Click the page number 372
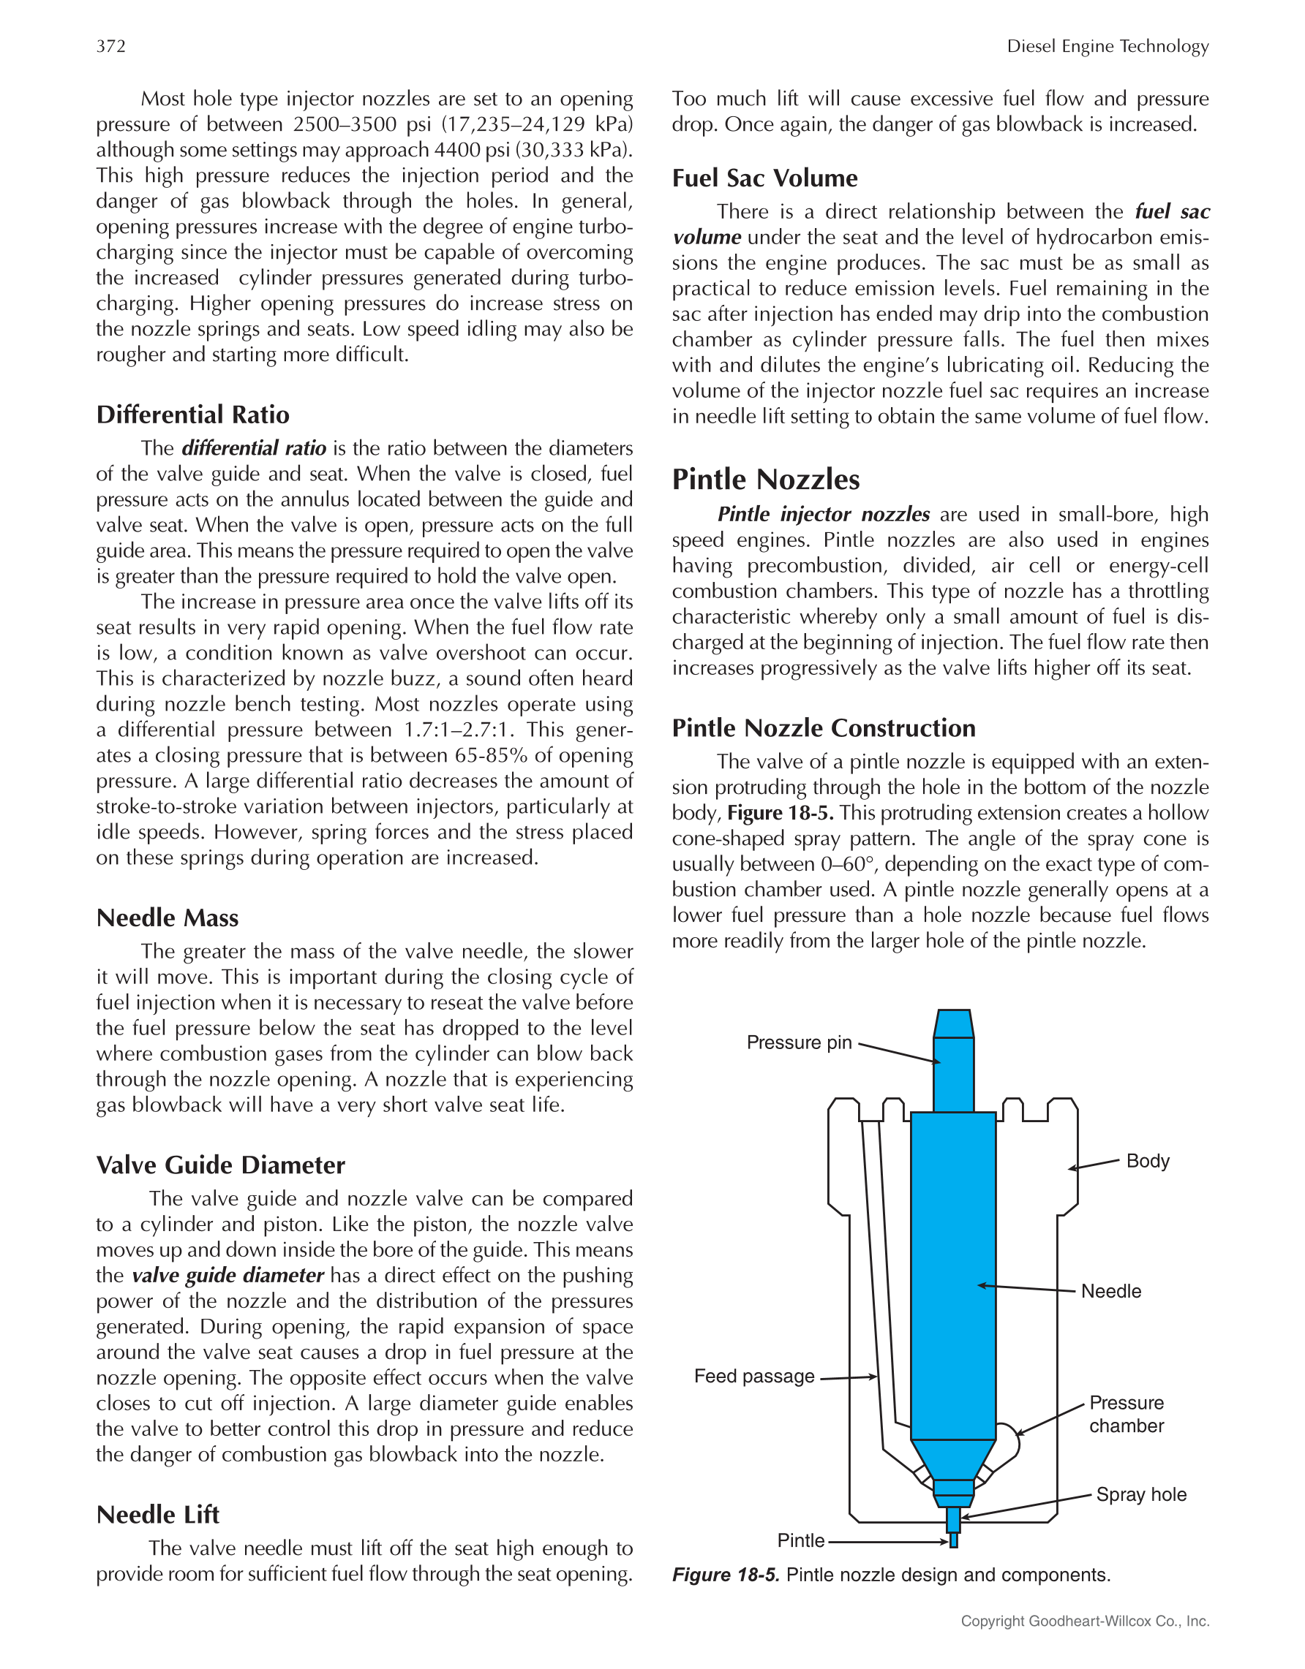111,46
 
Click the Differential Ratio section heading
192,415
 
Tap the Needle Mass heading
168,917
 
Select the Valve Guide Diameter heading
220,1165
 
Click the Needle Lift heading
157,1514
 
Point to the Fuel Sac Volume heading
764,178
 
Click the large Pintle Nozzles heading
765,479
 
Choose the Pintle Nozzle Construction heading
824,727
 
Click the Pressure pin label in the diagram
799,1042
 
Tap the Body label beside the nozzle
1148,1161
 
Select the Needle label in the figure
1111,1291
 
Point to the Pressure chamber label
1126,1414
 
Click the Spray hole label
1140,1494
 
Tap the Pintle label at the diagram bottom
800,1540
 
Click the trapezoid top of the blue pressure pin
953,1023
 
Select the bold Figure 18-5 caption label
726,1575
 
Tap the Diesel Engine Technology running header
1107,46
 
